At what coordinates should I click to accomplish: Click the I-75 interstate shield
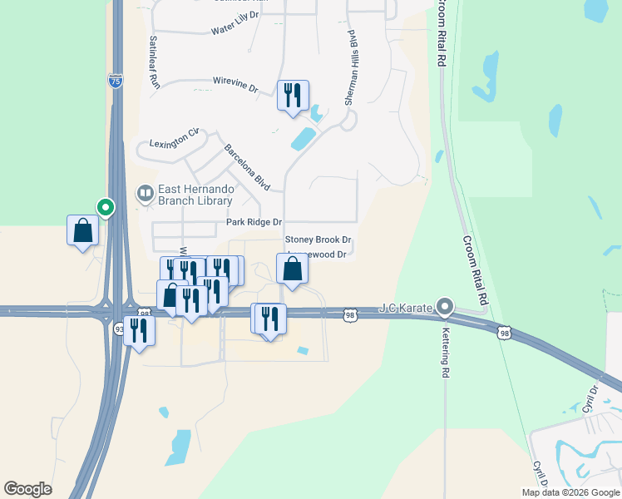click(116, 81)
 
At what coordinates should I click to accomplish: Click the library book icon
click(146, 195)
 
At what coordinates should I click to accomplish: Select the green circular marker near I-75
click(106, 206)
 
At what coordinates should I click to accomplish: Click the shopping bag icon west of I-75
click(83, 230)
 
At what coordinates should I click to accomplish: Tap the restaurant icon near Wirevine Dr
click(293, 95)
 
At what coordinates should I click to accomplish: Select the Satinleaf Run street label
click(153, 62)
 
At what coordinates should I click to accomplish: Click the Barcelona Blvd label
click(247, 166)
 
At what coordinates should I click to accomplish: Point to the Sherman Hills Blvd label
click(353, 68)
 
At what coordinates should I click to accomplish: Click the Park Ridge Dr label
click(254, 223)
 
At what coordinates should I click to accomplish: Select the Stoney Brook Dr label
click(318, 240)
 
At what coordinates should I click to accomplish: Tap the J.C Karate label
click(407, 309)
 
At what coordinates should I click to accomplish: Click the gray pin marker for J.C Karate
click(445, 308)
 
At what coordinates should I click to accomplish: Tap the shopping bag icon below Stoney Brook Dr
click(293, 269)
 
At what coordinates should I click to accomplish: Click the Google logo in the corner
click(28, 489)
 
